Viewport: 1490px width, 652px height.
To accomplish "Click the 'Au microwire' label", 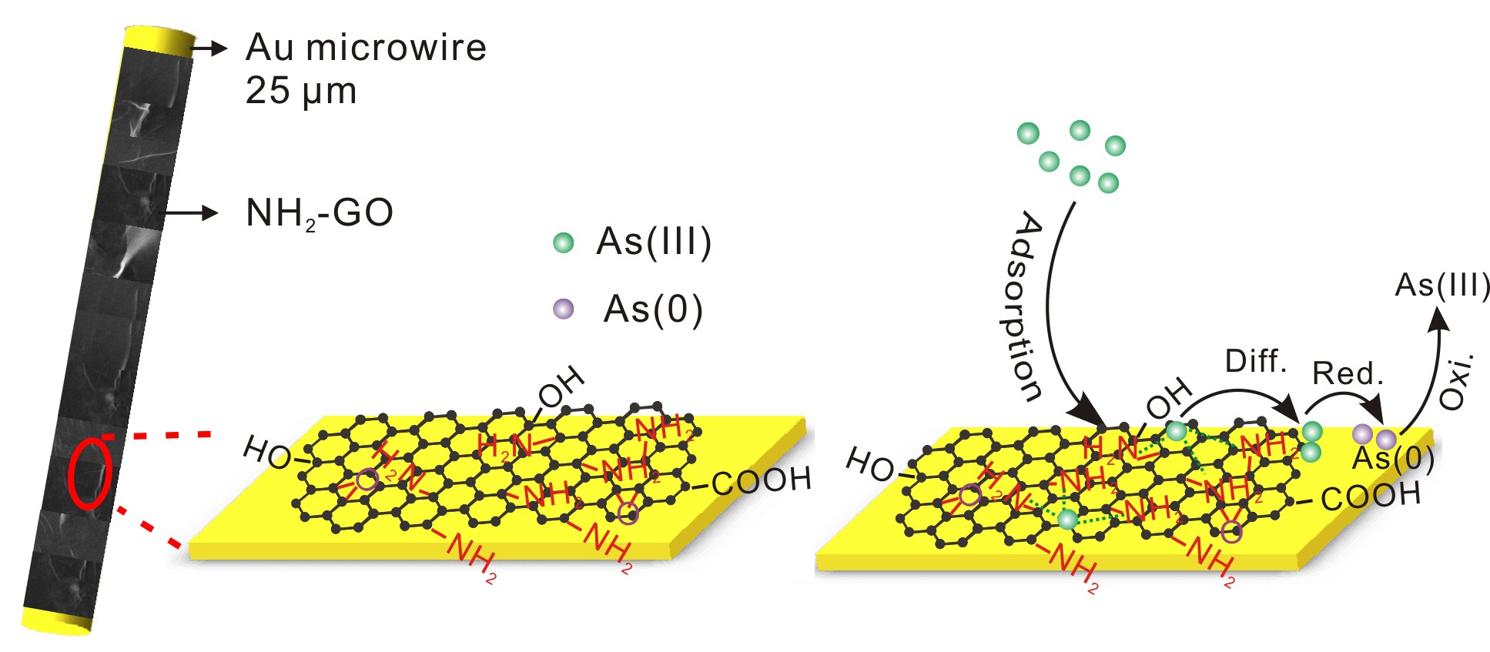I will coord(366,48).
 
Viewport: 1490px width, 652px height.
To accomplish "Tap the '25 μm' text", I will coord(301,91).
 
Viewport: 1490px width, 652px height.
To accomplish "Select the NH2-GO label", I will coord(319,213).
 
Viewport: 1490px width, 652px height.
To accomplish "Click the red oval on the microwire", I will coord(89,473).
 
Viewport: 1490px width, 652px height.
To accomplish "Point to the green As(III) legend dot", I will coord(564,243).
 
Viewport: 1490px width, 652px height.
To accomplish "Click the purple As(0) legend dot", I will coord(564,309).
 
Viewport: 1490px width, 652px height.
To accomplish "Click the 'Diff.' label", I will coord(1256,360).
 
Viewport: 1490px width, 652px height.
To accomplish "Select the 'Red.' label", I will coord(1348,373).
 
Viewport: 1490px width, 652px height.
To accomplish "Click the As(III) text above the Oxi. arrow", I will coord(1442,286).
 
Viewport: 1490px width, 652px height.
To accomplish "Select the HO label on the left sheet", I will coord(266,452).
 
